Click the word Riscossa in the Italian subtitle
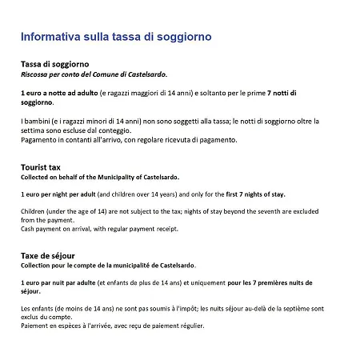click(36, 74)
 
